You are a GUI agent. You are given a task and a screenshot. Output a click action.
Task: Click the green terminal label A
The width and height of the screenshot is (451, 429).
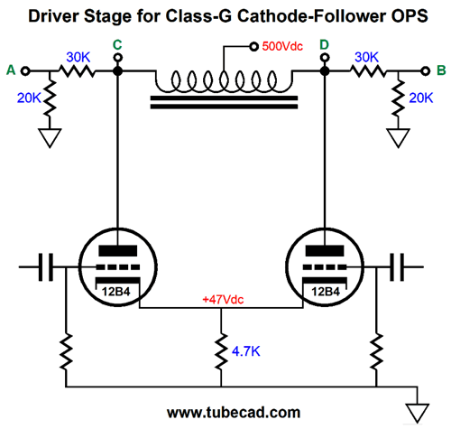[x=11, y=70]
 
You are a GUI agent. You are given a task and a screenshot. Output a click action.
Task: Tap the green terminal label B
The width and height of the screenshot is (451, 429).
[x=441, y=70]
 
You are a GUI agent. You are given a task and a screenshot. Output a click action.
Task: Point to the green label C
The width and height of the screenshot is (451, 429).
[x=117, y=45]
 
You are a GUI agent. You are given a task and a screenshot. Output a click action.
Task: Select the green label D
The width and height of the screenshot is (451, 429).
[x=324, y=45]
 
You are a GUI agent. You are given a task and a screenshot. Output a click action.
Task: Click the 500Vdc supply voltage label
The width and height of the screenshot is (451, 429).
[x=282, y=46]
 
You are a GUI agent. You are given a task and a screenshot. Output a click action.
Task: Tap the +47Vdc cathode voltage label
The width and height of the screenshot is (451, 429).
[x=223, y=300]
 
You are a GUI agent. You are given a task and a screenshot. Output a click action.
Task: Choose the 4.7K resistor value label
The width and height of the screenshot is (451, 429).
[x=245, y=351]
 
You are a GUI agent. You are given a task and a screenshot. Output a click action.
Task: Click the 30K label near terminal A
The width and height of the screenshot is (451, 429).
[x=78, y=57]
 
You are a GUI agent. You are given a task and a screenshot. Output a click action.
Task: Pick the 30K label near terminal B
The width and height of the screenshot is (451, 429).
[x=366, y=57]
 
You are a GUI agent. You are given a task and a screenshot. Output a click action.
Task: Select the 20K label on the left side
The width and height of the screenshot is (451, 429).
[x=29, y=98]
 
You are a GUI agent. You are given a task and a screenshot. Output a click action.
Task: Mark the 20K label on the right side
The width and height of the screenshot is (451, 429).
[x=421, y=98]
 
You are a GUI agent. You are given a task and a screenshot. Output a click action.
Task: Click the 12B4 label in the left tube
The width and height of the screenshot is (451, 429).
[x=115, y=292]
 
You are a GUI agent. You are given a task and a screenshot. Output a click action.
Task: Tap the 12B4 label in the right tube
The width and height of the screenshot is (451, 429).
[x=326, y=292]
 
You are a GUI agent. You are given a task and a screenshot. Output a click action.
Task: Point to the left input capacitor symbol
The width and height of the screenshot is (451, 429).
[x=46, y=267]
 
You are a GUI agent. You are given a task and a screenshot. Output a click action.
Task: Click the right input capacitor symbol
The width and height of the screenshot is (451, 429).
[x=397, y=267]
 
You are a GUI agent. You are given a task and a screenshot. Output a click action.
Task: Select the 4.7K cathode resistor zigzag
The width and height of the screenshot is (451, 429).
[x=221, y=350]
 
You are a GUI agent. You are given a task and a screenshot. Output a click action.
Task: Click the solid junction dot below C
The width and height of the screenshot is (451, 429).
[x=117, y=71]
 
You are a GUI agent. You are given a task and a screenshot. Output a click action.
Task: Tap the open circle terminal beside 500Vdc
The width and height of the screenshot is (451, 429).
[x=254, y=46]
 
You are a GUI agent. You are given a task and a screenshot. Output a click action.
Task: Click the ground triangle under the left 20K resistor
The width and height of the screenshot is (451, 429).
[x=50, y=138]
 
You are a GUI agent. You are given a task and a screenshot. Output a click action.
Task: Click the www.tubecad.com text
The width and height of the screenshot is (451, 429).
[x=234, y=413]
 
